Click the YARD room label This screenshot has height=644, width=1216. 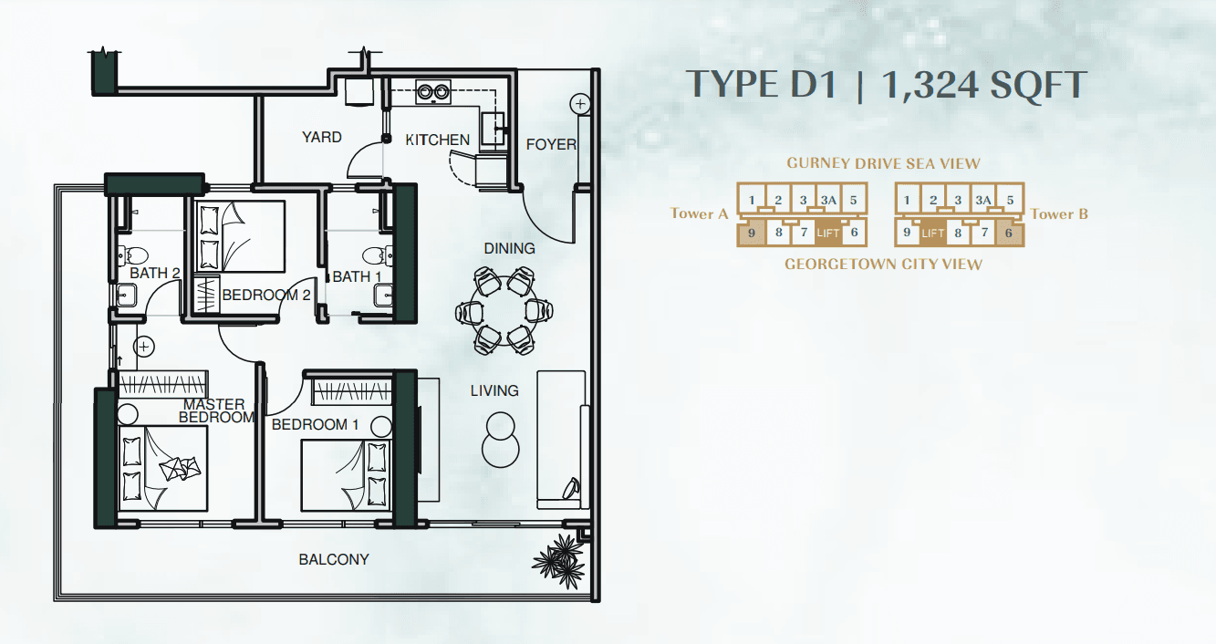tap(321, 137)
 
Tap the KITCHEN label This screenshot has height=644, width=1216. tap(438, 140)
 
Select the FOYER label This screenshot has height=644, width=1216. tap(551, 144)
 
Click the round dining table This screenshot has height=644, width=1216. tap(504, 311)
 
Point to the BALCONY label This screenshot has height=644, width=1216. tap(334, 559)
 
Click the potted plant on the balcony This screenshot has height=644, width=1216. tap(560, 562)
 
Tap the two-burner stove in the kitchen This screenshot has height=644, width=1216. tap(433, 92)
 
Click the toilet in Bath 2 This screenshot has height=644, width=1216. tap(133, 254)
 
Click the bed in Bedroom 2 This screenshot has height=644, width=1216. tap(241, 237)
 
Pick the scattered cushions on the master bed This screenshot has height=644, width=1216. tap(180, 468)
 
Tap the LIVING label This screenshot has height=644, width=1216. tap(494, 390)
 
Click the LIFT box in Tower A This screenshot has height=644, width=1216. tap(828, 234)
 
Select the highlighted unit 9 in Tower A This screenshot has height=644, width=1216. tap(752, 234)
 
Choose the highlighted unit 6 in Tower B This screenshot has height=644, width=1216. tap(1009, 234)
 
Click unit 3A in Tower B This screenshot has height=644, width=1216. tap(983, 201)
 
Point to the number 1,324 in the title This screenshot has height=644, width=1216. tap(930, 85)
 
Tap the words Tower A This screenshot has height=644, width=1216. tap(699, 213)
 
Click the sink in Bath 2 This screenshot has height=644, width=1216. tap(127, 295)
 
